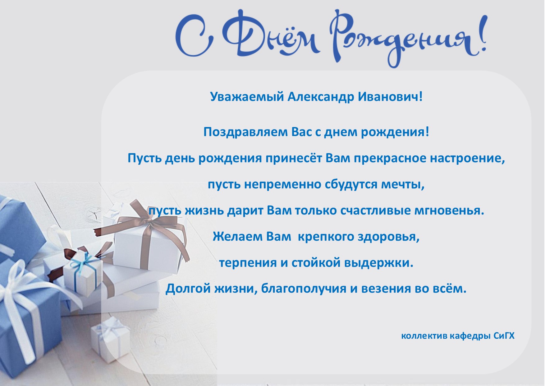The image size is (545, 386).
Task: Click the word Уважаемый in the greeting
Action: (247, 97)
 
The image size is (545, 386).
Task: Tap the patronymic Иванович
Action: (390, 96)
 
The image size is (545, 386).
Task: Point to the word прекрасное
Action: (390, 158)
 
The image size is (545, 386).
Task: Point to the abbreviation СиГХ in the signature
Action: (504, 336)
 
